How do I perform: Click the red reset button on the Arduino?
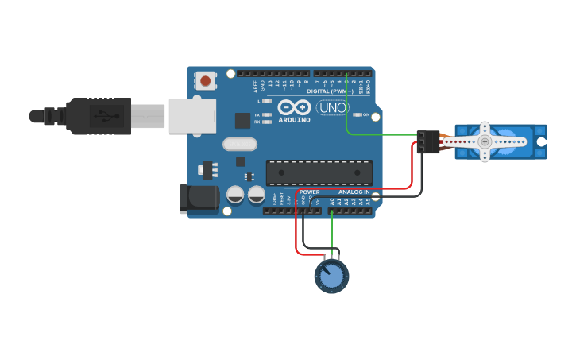[206, 80]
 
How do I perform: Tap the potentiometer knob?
[331, 276]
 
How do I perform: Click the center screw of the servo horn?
[485, 141]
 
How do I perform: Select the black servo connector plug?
[428, 141]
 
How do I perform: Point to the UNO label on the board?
[333, 107]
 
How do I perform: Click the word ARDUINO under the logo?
[294, 121]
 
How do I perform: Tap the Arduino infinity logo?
[294, 107]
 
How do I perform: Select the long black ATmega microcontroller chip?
[319, 172]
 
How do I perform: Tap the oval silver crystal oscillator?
[240, 145]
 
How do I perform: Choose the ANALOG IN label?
[354, 192]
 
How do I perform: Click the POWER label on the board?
[310, 192]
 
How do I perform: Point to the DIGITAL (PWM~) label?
[329, 91]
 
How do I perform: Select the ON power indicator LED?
[356, 114]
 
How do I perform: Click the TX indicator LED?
[267, 115]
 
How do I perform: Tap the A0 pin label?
[332, 202]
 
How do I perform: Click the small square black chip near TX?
[242, 120]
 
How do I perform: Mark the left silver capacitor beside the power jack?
[235, 194]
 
